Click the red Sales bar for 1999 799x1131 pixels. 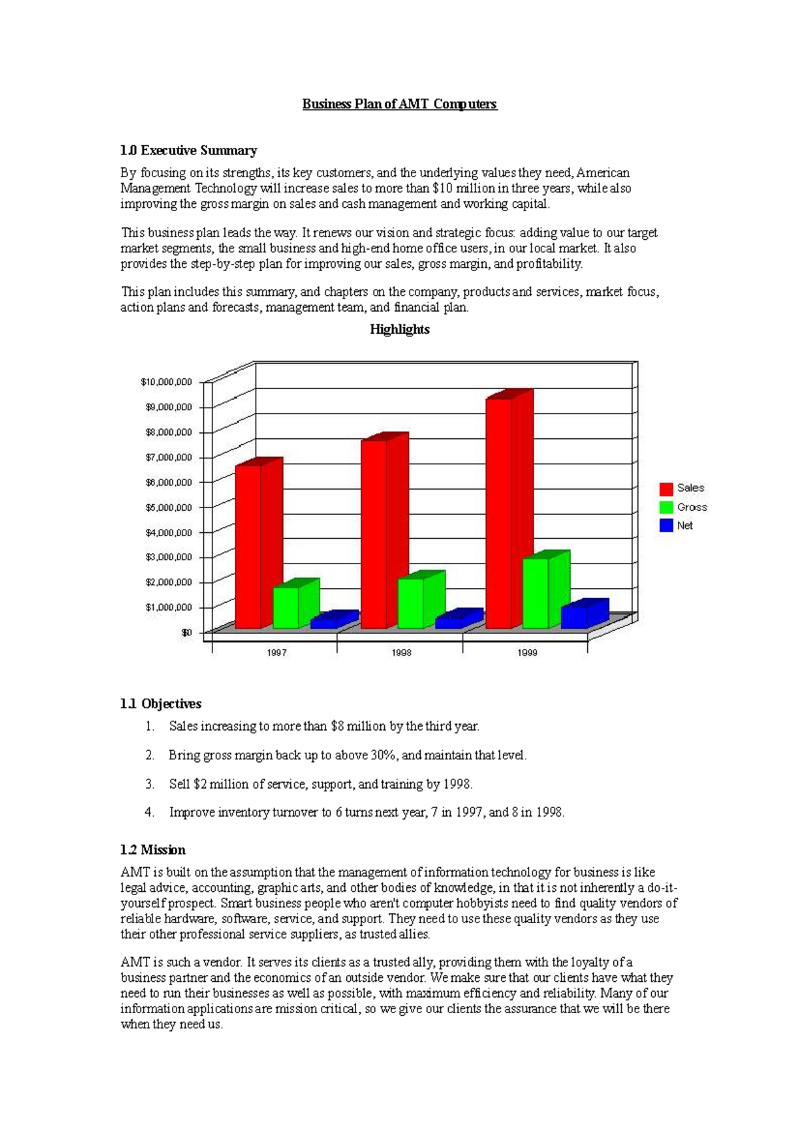click(499, 513)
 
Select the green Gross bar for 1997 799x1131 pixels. click(286, 607)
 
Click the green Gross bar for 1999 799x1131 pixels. click(536, 593)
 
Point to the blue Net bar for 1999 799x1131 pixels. click(574, 617)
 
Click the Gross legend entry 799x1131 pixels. click(692, 507)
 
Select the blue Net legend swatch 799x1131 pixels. click(666, 526)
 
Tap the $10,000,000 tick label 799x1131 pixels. click(166, 382)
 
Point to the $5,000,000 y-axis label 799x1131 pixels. click(168, 507)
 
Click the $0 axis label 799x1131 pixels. click(186, 632)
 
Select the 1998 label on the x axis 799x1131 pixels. click(401, 653)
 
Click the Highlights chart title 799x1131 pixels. click(400, 329)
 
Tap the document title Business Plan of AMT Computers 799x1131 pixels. click(400, 104)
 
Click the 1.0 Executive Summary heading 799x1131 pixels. click(188, 151)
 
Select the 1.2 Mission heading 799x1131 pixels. click(153, 850)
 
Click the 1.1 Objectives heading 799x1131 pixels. click(161, 704)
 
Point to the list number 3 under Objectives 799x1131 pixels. click(149, 784)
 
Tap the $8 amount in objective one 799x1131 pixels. click(337, 726)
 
